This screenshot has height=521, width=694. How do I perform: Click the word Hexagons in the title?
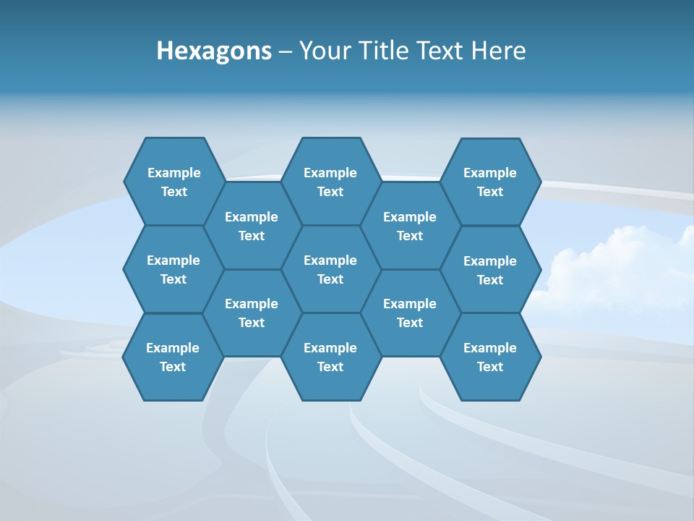click(214, 51)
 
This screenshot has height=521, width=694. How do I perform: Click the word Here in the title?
click(499, 51)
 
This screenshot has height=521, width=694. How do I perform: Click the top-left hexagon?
click(173, 182)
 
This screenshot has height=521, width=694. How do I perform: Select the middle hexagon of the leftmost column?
click(173, 269)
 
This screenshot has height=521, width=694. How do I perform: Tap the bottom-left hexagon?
click(173, 357)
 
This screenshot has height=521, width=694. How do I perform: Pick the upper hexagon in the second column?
click(252, 226)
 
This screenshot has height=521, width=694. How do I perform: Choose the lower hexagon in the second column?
click(252, 313)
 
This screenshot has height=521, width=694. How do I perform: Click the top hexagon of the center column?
click(330, 182)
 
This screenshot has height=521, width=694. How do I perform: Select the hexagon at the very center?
click(330, 269)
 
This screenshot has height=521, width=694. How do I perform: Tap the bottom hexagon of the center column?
click(330, 357)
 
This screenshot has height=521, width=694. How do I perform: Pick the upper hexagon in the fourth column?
click(410, 226)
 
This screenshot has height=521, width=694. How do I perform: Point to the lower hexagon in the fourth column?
click(410, 313)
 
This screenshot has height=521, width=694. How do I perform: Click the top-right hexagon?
click(490, 182)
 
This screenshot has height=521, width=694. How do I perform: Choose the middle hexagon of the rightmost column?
click(490, 270)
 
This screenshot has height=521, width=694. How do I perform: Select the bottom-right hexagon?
click(490, 357)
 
